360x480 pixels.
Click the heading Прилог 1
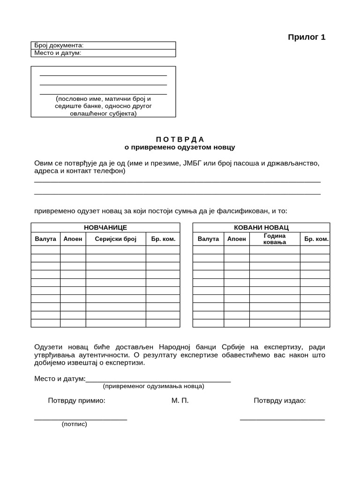306,37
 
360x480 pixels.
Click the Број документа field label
59,45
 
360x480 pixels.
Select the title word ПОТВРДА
180,139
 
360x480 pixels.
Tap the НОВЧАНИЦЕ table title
105,227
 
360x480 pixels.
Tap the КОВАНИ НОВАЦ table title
261,227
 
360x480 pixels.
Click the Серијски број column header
115,239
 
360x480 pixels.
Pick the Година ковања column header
275,239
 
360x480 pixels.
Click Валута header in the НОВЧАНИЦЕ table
45,239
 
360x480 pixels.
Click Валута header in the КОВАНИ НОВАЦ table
208,239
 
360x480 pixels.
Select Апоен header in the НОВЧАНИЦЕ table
73,239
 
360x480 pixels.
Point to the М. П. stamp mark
180,401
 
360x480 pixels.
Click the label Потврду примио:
76,401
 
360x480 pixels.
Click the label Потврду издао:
279,401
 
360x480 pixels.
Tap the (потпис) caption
74,424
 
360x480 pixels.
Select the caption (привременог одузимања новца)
153,386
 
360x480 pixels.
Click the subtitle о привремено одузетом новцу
180,147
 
